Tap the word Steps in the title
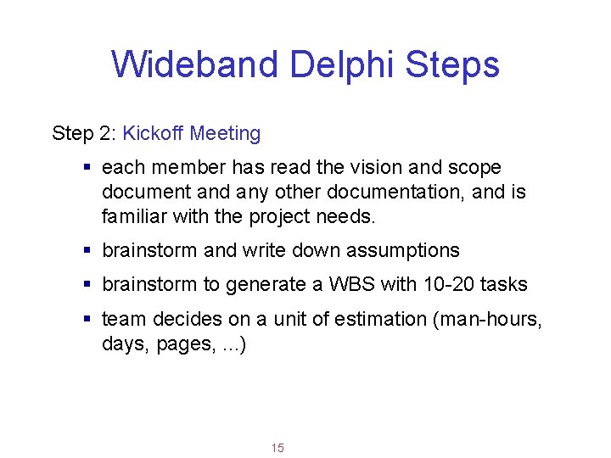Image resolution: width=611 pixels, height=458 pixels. click(x=453, y=64)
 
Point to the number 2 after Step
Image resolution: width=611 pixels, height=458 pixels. click(x=106, y=133)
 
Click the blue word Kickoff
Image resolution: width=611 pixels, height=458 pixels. click(x=154, y=133)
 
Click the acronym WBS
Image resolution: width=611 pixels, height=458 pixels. click(x=351, y=285)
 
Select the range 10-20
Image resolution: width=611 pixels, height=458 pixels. click(x=435, y=285)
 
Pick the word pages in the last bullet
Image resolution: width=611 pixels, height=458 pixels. click(x=182, y=343)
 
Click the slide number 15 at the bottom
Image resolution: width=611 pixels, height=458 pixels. click(x=277, y=447)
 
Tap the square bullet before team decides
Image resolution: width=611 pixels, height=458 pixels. click(x=88, y=320)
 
